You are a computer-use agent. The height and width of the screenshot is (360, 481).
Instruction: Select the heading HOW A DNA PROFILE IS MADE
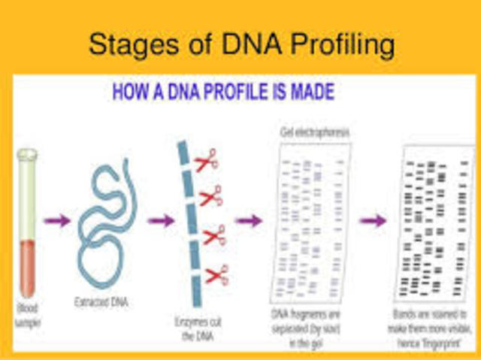pyautogui.click(x=223, y=92)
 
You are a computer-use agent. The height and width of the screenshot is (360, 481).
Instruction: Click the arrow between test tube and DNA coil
pyautogui.click(x=56, y=221)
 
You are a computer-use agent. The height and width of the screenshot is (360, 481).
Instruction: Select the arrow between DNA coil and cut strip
pyautogui.click(x=159, y=221)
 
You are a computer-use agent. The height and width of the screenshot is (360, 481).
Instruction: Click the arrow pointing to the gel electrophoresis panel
pyautogui.click(x=248, y=221)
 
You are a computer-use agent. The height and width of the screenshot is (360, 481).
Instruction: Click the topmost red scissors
pyautogui.click(x=206, y=160)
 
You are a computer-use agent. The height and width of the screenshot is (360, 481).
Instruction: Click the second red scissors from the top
pyautogui.click(x=210, y=195)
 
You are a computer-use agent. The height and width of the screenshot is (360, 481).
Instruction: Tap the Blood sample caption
pyautogui.click(x=27, y=315)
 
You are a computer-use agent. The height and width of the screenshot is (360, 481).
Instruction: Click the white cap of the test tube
pyautogui.click(x=27, y=155)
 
